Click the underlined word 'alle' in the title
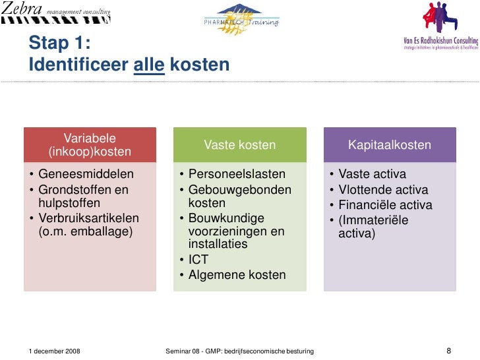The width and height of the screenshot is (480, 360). click(x=149, y=65)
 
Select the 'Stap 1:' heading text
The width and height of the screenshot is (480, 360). click(x=59, y=44)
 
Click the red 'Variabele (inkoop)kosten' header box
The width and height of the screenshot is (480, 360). click(x=90, y=145)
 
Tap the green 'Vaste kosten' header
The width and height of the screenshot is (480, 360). click(x=240, y=145)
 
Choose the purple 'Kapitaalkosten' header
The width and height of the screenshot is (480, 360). click(x=390, y=145)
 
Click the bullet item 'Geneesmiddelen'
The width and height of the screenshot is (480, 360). click(x=86, y=175)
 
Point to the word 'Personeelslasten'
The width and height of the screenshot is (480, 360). click(x=237, y=175)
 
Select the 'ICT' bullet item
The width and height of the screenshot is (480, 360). click(x=198, y=260)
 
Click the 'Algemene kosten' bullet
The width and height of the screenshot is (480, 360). click(x=237, y=275)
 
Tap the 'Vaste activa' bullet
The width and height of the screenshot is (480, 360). click(x=372, y=175)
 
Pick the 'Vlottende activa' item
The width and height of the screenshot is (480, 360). click(x=383, y=190)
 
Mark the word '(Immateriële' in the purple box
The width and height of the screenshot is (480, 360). click(x=373, y=220)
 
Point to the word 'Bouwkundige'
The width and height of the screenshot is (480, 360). click(x=226, y=218)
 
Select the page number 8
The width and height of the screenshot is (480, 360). click(x=448, y=351)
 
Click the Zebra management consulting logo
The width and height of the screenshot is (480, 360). click(x=55, y=13)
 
